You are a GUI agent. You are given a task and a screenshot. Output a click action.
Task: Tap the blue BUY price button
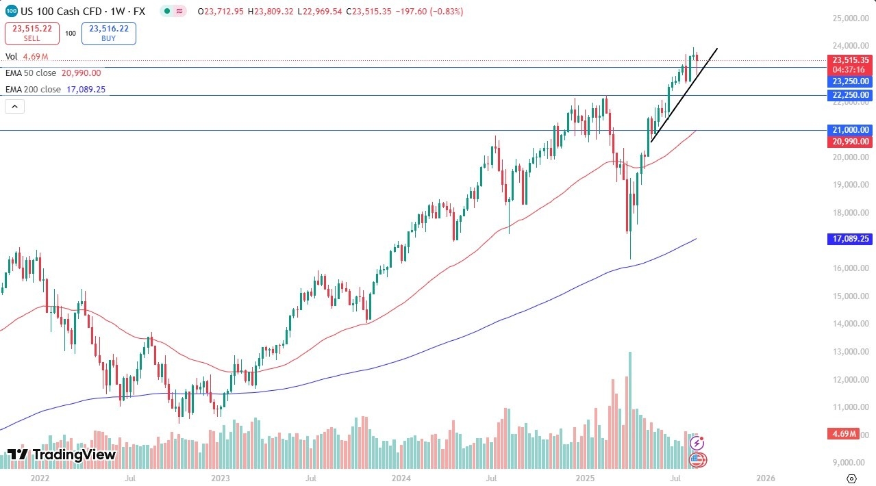click(x=108, y=34)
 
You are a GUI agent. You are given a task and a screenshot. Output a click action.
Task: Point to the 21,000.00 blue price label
click(x=851, y=130)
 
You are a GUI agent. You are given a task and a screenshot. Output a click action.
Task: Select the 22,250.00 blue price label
click(x=851, y=95)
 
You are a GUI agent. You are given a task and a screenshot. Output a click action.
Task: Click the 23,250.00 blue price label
click(x=851, y=81)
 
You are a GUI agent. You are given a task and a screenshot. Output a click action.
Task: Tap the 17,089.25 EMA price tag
click(x=851, y=239)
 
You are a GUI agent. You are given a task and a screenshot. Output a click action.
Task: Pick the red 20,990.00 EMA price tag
click(x=851, y=142)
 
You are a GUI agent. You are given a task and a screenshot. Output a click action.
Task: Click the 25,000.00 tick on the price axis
click(x=851, y=18)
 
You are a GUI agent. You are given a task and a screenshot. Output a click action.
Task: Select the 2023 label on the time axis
click(x=221, y=478)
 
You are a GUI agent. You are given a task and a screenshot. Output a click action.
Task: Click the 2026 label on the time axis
click(x=766, y=478)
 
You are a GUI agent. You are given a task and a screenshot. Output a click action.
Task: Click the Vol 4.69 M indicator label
click(x=27, y=57)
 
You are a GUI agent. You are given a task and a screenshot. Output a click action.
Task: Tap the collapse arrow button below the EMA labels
click(x=14, y=106)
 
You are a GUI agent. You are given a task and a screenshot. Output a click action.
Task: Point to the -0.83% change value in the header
click(x=448, y=12)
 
